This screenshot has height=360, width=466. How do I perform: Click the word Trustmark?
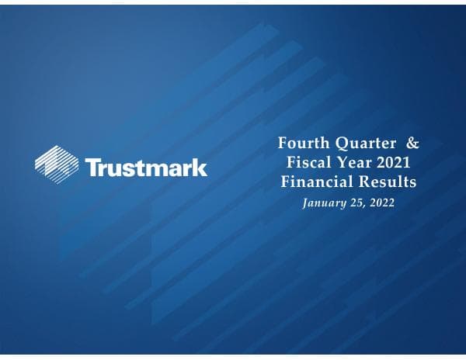145,168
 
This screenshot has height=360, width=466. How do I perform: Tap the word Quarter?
367,144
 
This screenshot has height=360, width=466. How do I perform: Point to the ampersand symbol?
414,144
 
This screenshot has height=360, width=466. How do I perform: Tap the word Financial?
317,184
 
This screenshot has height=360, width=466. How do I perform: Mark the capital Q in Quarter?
339,144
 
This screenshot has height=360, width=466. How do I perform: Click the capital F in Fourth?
283,144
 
